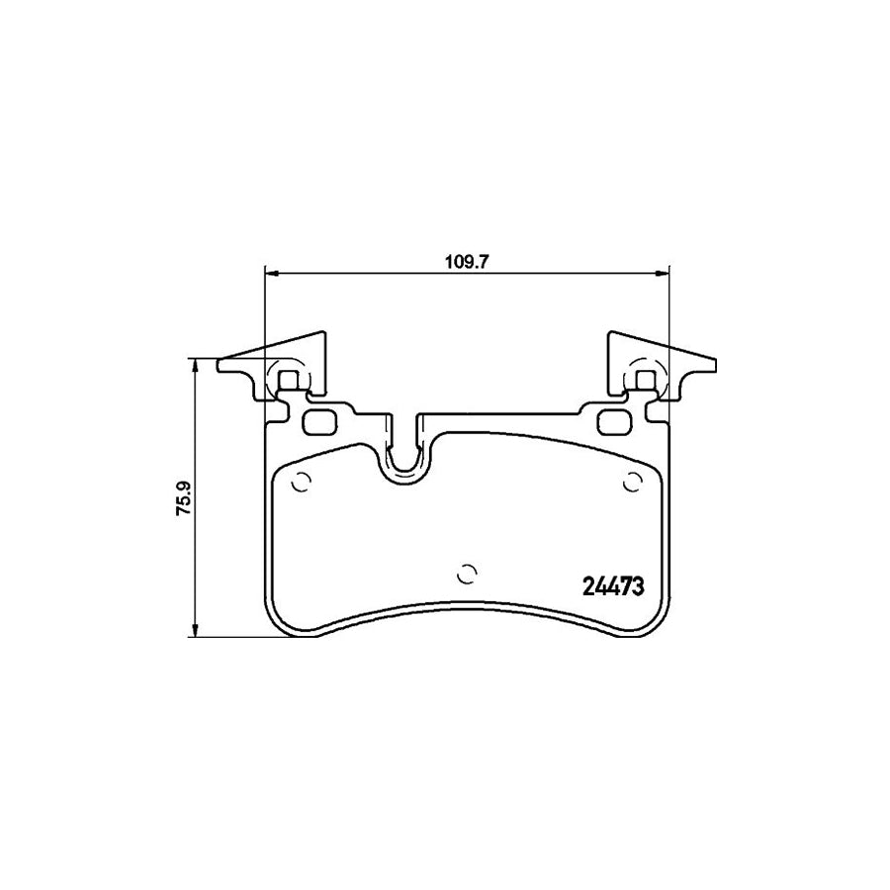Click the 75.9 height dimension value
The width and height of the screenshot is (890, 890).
185,497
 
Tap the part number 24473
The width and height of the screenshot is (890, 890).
613,586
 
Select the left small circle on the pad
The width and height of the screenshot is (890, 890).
301,483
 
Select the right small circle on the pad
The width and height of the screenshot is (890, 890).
632,483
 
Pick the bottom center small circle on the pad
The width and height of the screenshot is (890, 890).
467,575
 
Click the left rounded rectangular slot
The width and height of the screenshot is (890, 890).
320,421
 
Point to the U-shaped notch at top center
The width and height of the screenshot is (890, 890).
404,454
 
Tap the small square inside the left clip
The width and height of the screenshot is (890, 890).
290,380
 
